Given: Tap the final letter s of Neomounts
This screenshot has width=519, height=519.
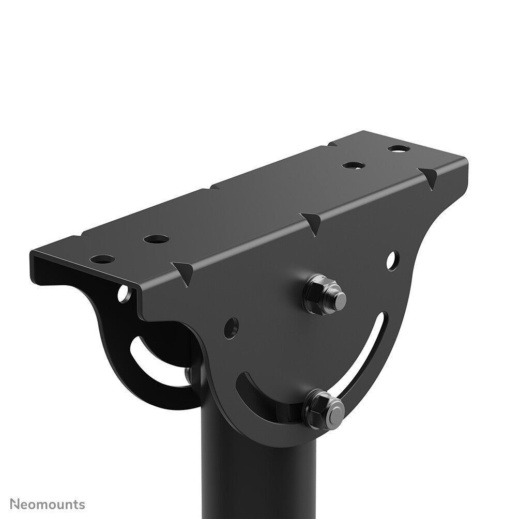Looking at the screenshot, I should coord(82,505).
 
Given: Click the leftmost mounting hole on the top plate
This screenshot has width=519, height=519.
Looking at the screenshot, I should coord(102,258).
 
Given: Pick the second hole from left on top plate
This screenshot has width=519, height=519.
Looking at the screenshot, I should coord(156,239).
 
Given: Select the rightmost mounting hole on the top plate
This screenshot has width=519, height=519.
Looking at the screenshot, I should coord(399,149).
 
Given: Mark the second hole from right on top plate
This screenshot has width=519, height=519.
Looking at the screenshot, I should coord(354,165).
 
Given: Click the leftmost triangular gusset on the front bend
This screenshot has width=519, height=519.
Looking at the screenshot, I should coord(184,270).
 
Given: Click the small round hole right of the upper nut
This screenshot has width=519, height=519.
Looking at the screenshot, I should coord(391,260).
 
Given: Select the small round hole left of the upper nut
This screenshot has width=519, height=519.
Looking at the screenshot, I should coord(231,327).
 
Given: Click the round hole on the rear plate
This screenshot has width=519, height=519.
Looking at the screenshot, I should coord(124,294).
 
